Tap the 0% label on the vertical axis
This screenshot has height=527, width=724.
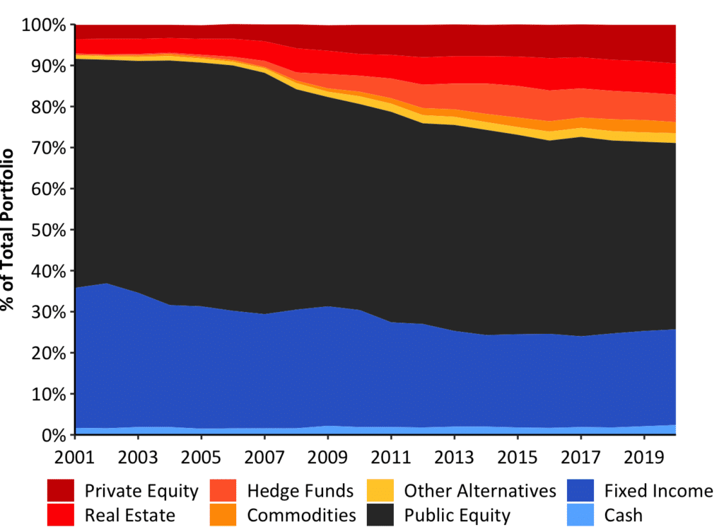point(56,435)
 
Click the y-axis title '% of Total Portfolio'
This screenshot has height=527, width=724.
point(9,230)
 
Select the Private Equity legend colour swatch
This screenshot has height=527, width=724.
point(61,490)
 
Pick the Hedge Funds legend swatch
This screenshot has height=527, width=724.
point(223,490)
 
